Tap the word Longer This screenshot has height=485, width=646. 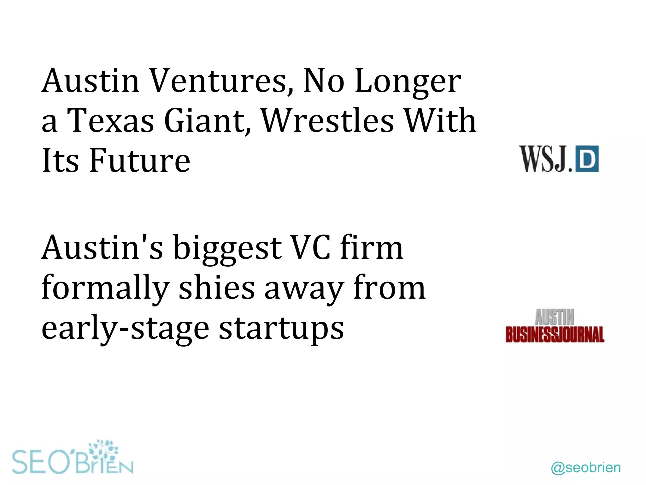tap(408, 81)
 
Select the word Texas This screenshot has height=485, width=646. tap(111, 121)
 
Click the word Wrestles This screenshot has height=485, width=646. tap(328, 121)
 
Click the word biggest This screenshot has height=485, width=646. tap(227, 248)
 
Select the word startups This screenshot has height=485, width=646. tap(281, 329)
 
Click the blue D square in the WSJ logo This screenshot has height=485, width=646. tap(587, 159)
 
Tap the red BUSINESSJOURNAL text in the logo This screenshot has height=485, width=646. tap(555, 335)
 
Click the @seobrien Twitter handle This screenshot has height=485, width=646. tap(586, 467)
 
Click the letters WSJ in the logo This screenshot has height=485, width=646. tap(543, 159)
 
